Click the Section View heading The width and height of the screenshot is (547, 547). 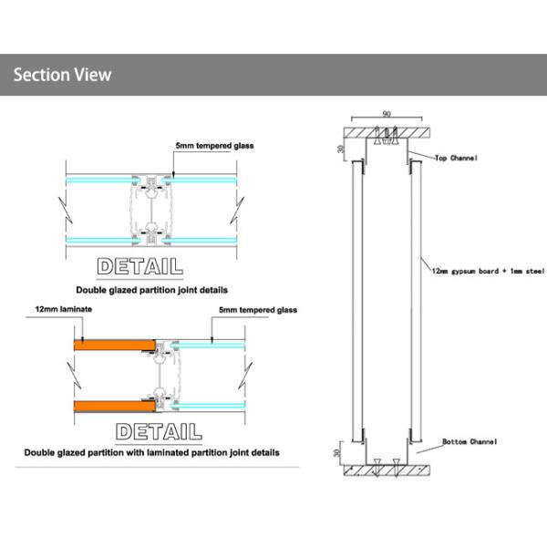coord(62,75)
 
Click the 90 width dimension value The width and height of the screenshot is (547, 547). coord(387,115)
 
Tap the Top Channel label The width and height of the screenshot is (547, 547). coord(456,157)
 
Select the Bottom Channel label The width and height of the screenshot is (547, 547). coord(470,442)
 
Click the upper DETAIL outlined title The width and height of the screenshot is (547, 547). coord(139,266)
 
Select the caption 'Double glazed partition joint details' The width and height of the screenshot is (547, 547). coord(152,290)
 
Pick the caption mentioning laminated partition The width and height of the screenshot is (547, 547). coord(151,452)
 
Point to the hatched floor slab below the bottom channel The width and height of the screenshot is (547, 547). coord(387,473)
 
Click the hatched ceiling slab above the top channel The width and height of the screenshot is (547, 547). coord(387,129)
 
